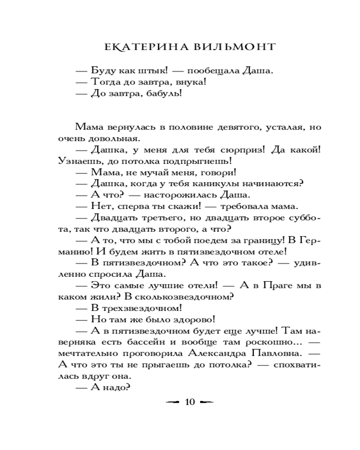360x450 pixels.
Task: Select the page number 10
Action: [189, 402]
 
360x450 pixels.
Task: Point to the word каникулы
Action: [219, 184]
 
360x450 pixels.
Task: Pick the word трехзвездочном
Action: [143, 308]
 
